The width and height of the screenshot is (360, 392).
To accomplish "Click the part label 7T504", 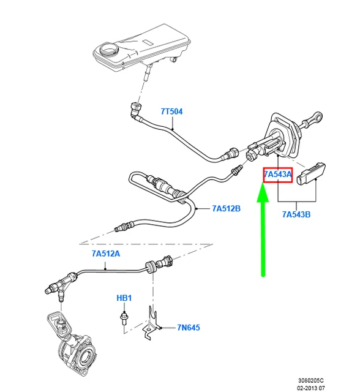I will [x=171, y=111].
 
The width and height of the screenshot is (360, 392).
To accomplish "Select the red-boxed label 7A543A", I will [x=278, y=175].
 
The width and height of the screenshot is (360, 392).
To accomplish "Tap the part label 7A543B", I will [x=296, y=214].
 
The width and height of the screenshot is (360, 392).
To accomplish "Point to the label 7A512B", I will [x=226, y=209].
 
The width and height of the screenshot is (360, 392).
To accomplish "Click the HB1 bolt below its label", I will [x=124, y=317].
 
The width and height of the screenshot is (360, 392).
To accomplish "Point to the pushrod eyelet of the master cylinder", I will [x=318, y=116].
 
